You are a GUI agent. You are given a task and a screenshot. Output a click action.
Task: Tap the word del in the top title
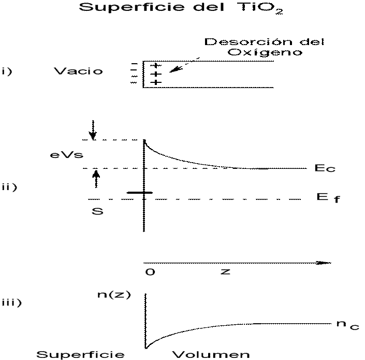[214, 8]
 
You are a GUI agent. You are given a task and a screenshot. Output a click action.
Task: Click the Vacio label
[78, 71]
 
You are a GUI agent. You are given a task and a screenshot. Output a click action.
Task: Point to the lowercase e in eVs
[54, 155]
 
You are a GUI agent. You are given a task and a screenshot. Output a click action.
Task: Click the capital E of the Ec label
[319, 168]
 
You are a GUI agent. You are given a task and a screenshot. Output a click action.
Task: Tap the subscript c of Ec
[331, 169]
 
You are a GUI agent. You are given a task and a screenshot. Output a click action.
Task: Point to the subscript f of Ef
[337, 199]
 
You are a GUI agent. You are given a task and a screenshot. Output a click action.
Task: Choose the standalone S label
[97, 211]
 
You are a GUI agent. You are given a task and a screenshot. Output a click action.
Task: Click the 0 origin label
[150, 271]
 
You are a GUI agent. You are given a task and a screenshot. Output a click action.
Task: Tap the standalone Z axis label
[225, 271]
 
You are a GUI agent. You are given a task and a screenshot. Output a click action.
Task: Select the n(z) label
[114, 295]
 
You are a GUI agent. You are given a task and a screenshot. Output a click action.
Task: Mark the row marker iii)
[12, 303]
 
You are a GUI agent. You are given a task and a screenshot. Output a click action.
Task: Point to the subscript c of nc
[355, 327]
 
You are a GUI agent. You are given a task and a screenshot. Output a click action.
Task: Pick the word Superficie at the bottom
[81, 355]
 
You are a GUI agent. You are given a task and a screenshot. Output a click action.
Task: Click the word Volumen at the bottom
[211, 355]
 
